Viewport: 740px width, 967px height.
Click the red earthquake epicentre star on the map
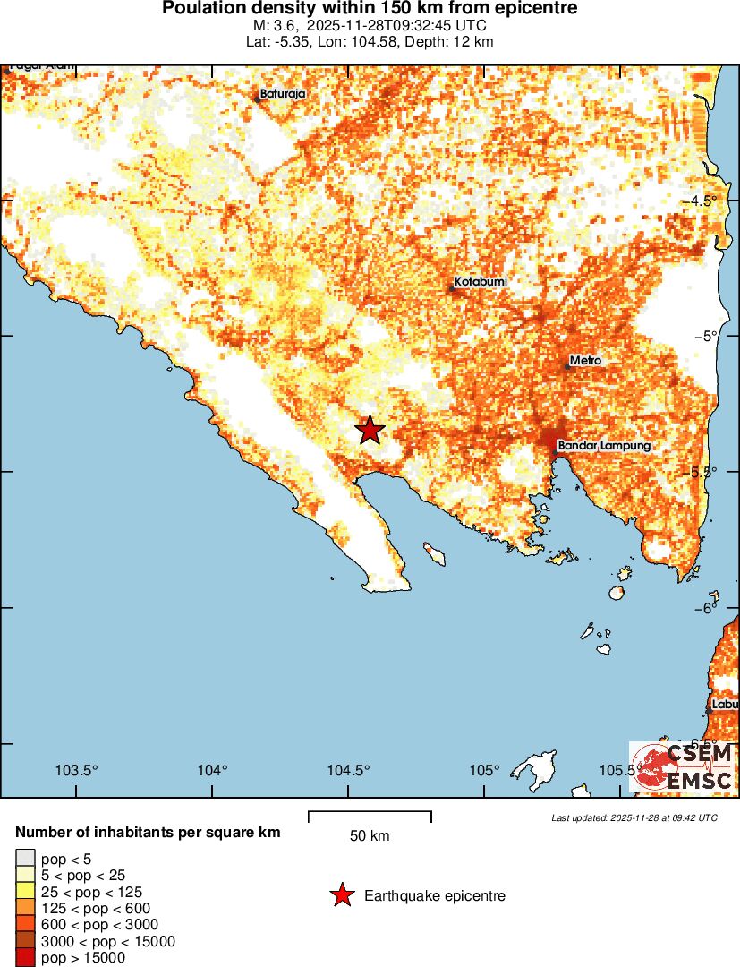click(370, 431)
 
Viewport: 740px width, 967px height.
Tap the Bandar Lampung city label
click(603, 445)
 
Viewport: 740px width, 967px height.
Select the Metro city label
click(585, 361)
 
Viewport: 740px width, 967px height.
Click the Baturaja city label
click(283, 94)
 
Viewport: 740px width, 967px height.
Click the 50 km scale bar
click(370, 817)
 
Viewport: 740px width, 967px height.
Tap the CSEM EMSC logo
click(683, 767)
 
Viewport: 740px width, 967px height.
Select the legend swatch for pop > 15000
click(26, 958)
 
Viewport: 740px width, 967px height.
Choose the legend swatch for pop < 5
click(26, 859)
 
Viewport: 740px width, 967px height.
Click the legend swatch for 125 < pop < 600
click(26, 908)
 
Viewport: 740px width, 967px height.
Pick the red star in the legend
click(341, 895)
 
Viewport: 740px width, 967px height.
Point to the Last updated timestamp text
click(634, 817)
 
